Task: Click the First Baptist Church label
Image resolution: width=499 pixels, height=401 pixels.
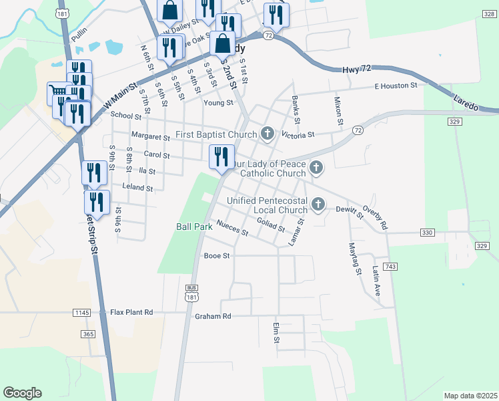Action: point(215,134)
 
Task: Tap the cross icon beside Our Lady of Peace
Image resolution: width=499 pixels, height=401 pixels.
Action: point(316,168)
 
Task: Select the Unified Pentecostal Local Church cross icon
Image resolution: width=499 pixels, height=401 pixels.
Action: point(319,204)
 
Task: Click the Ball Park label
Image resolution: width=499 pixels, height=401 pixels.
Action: point(194,227)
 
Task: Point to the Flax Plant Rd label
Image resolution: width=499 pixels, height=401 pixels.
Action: point(131,312)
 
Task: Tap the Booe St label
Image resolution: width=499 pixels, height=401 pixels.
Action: point(217,255)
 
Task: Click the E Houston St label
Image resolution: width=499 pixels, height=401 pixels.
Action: point(396,86)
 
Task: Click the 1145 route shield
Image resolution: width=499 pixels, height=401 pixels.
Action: point(82,312)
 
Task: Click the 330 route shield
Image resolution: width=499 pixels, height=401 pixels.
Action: point(428,232)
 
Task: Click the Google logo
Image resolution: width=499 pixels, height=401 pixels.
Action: point(22,393)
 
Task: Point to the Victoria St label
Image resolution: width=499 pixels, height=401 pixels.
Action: point(298,134)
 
